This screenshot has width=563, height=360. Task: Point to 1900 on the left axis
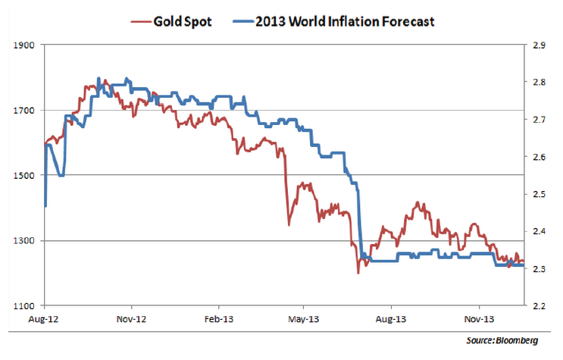click(27, 45)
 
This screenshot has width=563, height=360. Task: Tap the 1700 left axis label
click(27, 111)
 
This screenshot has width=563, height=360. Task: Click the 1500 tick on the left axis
click(27, 176)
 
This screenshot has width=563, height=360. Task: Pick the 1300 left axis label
click(27, 241)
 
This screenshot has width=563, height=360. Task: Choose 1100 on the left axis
click(27, 306)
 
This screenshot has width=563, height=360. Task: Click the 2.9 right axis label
click(540, 45)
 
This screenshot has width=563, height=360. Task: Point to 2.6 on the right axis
click(540, 157)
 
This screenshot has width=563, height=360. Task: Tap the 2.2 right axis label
click(540, 306)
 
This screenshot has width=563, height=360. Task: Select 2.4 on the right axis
click(540, 231)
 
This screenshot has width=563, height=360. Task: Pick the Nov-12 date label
click(132, 320)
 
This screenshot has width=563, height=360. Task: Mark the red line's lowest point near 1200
click(357, 273)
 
